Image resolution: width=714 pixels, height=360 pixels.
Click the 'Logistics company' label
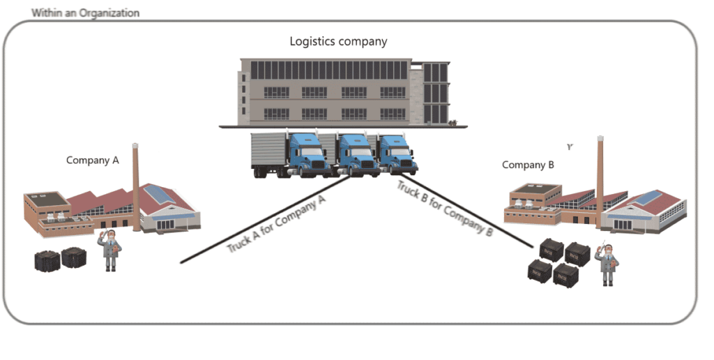[338, 42]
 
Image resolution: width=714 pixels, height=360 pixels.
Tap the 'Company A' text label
[93, 160]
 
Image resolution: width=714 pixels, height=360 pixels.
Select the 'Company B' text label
[528, 165]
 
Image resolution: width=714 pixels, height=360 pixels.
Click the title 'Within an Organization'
[85, 13]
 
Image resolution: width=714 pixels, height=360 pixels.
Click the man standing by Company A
[110, 249]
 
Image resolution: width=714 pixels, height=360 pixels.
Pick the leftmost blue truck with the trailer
[307, 154]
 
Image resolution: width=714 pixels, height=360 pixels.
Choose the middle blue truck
[356, 154]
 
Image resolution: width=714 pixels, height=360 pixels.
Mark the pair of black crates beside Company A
[60, 260]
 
